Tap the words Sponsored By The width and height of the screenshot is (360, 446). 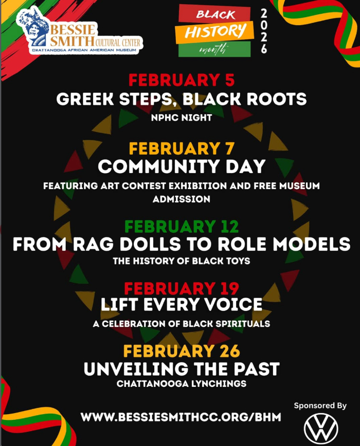pyautogui.click(x=320, y=405)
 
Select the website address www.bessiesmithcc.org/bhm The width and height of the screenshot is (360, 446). pyautogui.click(x=181, y=417)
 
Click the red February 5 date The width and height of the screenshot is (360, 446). pyautogui.click(x=182, y=80)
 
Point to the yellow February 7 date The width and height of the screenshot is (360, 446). pyautogui.click(x=182, y=148)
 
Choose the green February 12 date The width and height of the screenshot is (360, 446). pyautogui.click(x=182, y=227)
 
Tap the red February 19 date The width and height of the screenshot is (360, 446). pyautogui.click(x=182, y=288)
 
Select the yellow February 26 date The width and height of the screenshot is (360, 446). pyautogui.click(x=182, y=351)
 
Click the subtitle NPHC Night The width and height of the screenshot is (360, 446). pyautogui.click(x=182, y=118)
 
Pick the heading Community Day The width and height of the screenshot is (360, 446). pyautogui.click(x=182, y=166)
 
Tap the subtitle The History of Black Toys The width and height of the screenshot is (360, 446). pyautogui.click(x=182, y=261)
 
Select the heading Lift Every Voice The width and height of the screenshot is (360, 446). pyautogui.click(x=182, y=304)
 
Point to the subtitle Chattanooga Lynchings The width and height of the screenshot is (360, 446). pyautogui.click(x=182, y=384)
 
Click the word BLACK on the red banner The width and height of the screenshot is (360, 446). pyautogui.click(x=215, y=14)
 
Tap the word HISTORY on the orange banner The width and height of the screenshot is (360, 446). pyautogui.click(x=215, y=31)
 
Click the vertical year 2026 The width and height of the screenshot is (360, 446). pyautogui.click(x=264, y=31)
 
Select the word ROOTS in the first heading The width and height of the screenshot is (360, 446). pyautogui.click(x=277, y=99)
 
